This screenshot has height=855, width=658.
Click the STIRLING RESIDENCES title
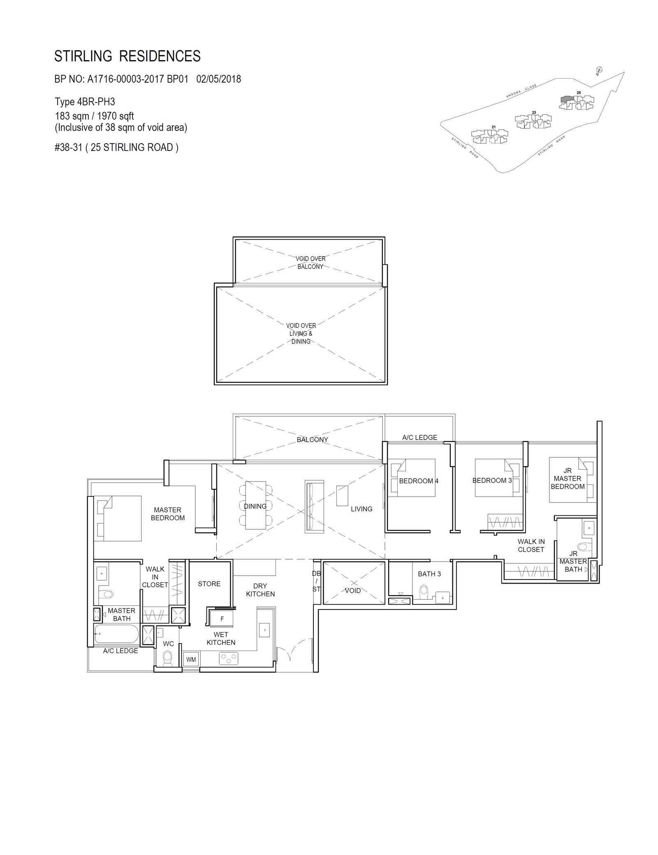tap(127, 56)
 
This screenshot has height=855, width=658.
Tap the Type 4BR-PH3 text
tap(85, 102)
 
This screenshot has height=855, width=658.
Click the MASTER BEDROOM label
tap(168, 514)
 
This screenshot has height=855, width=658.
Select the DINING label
tap(255, 506)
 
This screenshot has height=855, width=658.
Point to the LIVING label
tap(361, 509)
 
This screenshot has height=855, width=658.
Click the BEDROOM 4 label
tap(419, 481)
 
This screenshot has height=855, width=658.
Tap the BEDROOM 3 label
tap(492, 480)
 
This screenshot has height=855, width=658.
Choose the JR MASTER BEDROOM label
tap(568, 478)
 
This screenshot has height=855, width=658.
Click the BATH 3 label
tap(429, 574)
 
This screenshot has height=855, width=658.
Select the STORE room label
tap(209, 584)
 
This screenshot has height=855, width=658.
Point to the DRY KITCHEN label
tap(260, 590)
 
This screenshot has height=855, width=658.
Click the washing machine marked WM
tap(191, 659)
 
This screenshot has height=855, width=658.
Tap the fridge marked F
tap(222, 619)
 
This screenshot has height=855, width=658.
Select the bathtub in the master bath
tap(116, 635)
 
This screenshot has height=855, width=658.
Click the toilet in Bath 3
tap(424, 593)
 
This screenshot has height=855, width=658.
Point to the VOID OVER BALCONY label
tap(310, 262)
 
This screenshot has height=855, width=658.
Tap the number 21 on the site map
tap(493, 127)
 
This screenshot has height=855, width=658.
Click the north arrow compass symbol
tap(599, 70)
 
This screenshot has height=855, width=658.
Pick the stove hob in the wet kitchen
tap(229, 659)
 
